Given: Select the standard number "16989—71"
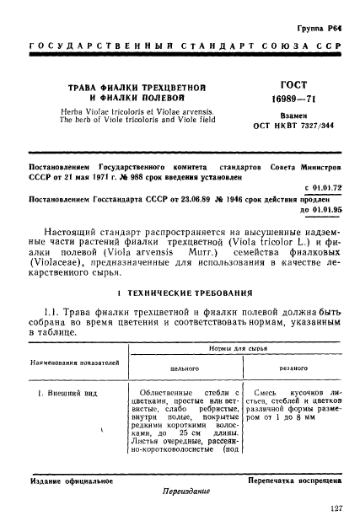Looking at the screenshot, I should (x=285, y=99).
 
